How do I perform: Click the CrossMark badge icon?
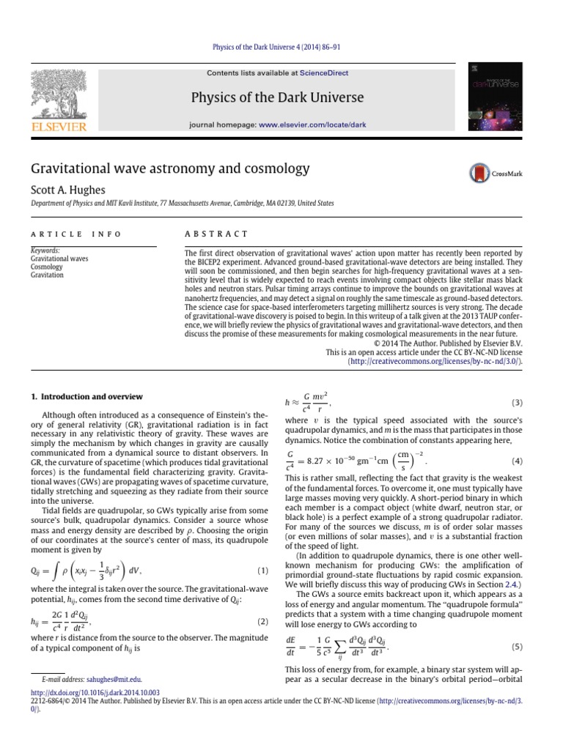coord(480,173)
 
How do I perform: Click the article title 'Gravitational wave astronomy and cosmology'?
coord(170,168)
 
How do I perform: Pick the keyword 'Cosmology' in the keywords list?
coord(46,267)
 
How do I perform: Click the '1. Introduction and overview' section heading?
coord(86,396)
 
